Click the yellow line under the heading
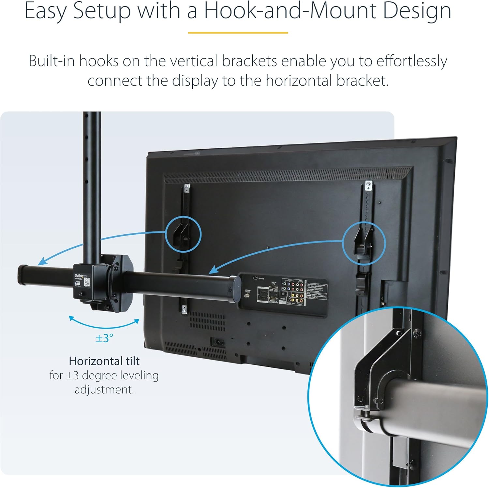click(x=238, y=33)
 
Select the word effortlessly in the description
click(x=412, y=61)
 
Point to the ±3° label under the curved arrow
click(x=104, y=338)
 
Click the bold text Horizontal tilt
click(x=104, y=361)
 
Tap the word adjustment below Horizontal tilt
click(x=104, y=390)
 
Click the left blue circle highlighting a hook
click(x=183, y=234)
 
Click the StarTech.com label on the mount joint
click(x=81, y=277)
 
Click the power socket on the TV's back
click(x=217, y=342)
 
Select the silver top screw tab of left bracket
click(x=187, y=187)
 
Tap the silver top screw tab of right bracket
click(x=368, y=185)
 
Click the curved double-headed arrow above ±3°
click(x=104, y=324)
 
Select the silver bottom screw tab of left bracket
click(x=184, y=309)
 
